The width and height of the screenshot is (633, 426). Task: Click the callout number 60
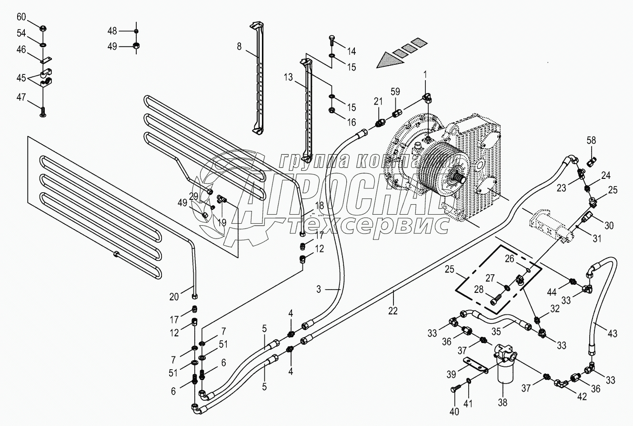coord(21,18)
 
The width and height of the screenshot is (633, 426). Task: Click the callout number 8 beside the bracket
coord(239,46)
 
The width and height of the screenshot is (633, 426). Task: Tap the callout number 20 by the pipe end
coord(174,297)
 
